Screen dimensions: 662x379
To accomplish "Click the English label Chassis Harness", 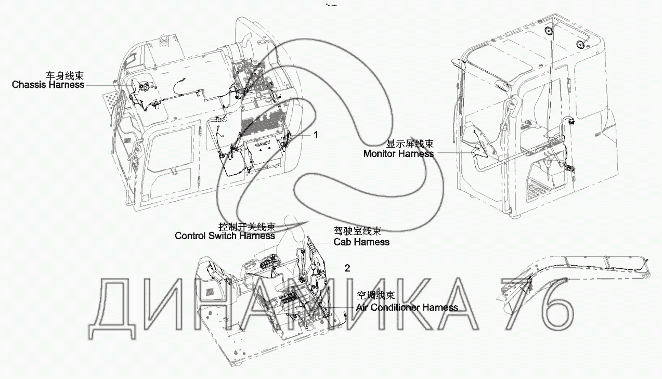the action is tap(48, 84).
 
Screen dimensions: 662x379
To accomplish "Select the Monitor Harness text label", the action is tap(398, 153).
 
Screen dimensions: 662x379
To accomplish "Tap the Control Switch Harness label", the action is tap(225, 236).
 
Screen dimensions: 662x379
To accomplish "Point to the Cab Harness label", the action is tap(361, 242).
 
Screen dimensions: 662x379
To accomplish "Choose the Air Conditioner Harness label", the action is tap(407, 307).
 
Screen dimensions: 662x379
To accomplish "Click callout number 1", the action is tap(315, 134).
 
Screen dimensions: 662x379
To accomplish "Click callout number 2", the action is tap(347, 268).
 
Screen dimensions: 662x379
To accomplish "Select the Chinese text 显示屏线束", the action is tap(410, 144).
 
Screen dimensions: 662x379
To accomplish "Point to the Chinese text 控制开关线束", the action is tap(247, 227).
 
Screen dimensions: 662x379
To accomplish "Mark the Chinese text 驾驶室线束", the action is tap(357, 232).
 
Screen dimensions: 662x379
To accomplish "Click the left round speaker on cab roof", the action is tap(548, 31).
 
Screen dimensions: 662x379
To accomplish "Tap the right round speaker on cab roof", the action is tap(579, 44).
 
